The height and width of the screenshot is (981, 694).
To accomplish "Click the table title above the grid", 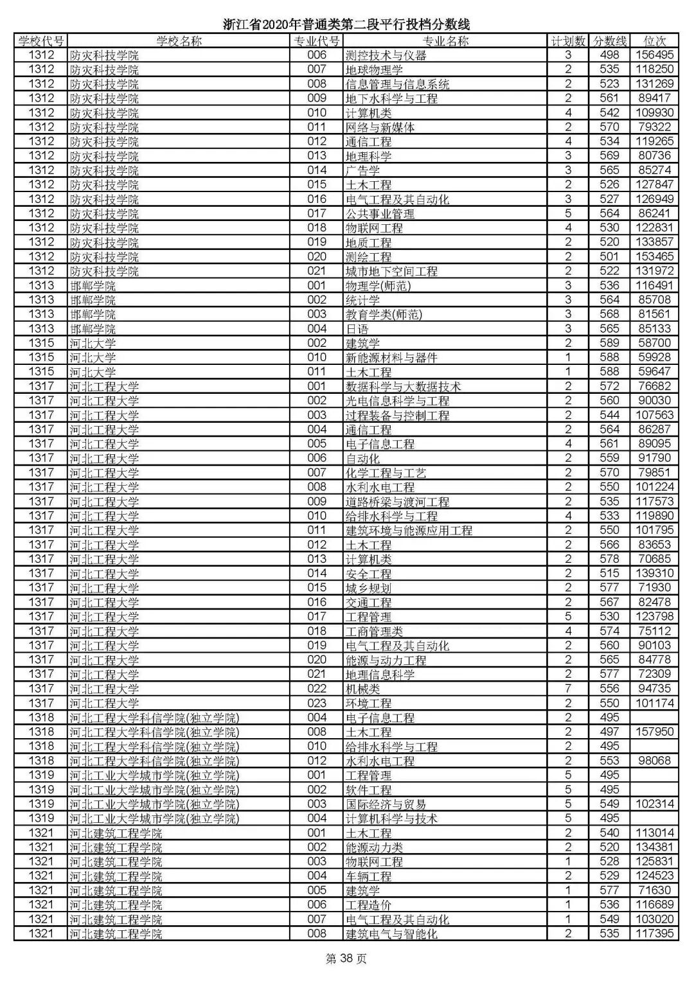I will click(x=347, y=25).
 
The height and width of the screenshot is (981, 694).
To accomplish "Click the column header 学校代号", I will click(x=41, y=41).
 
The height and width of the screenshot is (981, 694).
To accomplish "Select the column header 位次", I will click(x=654, y=41).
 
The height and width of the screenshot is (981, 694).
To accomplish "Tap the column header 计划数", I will click(x=568, y=41).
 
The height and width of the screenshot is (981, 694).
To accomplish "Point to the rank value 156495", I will click(x=654, y=55).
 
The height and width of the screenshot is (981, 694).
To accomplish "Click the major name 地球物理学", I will click(x=374, y=69).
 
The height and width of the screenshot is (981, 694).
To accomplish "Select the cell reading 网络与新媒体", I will click(x=380, y=127).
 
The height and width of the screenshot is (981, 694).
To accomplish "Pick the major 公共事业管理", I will click(x=380, y=213).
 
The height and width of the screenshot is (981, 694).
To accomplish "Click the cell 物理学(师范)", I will click(x=378, y=285).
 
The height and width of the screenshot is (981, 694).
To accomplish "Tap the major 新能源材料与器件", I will click(x=391, y=357).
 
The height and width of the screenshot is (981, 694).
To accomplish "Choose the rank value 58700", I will click(x=654, y=343).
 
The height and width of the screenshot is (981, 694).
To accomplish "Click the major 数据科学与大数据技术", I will click(x=403, y=386).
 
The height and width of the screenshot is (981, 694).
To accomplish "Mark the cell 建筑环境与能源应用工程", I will click(x=409, y=530).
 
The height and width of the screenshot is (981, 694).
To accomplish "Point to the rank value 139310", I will click(x=654, y=573).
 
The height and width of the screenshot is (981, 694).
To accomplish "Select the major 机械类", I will click(x=362, y=688).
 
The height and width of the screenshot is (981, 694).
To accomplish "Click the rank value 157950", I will click(x=654, y=732).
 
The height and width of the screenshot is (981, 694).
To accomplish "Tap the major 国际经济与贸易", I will click(x=386, y=804).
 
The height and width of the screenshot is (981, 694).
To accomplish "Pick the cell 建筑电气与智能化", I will click(x=391, y=933).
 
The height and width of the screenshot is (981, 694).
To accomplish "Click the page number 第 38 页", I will click(x=347, y=959).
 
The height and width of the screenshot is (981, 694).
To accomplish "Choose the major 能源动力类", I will click(x=374, y=847).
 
